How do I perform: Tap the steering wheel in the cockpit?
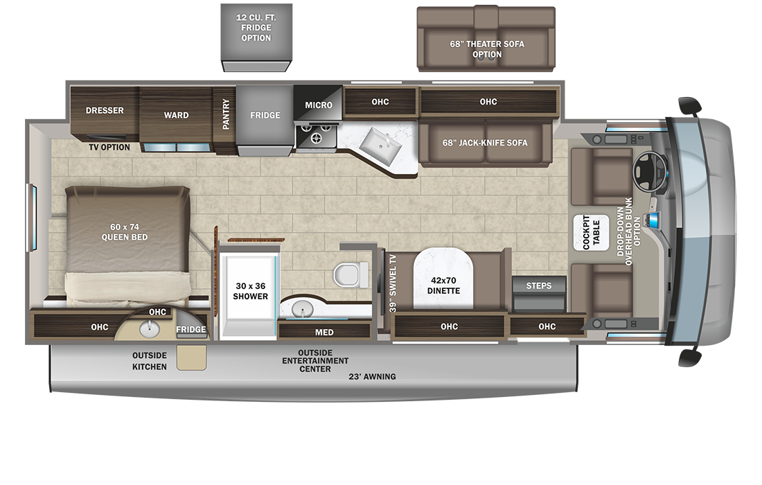[649, 172]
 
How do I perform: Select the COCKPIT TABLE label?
[591, 233]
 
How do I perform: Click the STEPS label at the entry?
[538, 285]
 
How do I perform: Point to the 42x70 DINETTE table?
[443, 278]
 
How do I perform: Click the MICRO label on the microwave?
[319, 105]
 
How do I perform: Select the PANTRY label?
[226, 114]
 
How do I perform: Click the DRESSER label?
[105, 110]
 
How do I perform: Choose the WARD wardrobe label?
[176, 115]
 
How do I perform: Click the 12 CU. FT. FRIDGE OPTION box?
[256, 37]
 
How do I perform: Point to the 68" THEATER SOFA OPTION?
[486, 39]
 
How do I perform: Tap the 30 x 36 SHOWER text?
[250, 291]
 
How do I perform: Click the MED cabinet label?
[324, 333]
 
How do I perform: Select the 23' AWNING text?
[372, 376]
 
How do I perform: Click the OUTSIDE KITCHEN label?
[150, 361]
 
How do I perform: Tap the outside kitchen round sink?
[149, 330]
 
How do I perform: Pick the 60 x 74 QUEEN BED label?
[125, 232]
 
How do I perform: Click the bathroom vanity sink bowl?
[303, 310]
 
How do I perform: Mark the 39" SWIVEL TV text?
[393, 283]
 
